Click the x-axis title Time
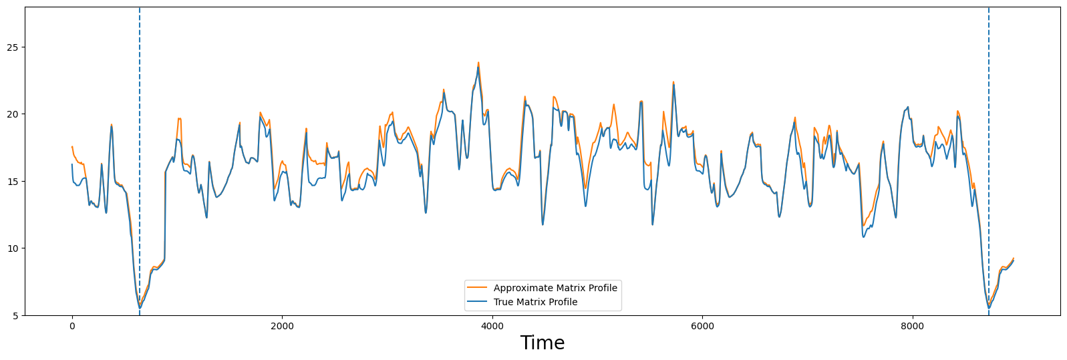[x=543, y=343]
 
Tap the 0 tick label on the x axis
[x=72, y=326]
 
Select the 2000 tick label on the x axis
[x=282, y=326]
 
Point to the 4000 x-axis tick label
[x=492, y=326]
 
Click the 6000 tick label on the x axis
[x=702, y=326]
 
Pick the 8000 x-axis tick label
[x=912, y=326]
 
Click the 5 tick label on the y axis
[x=15, y=315]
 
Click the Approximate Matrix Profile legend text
[x=555, y=288]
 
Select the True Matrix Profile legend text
[x=535, y=302]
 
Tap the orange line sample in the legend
[x=478, y=288]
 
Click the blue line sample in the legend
[x=478, y=302]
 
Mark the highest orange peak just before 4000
[x=478, y=63]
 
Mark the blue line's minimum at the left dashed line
[x=140, y=307]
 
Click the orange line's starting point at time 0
[x=72, y=146]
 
